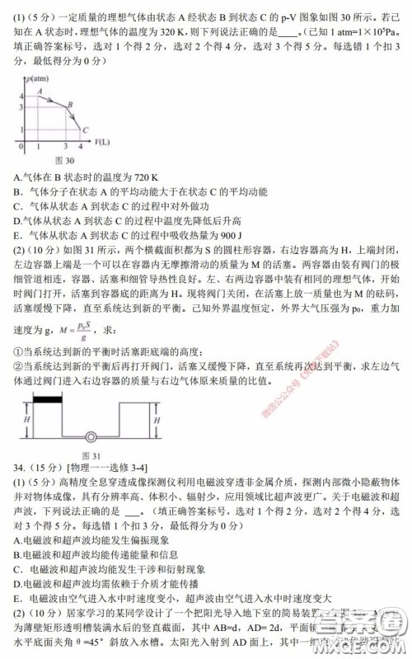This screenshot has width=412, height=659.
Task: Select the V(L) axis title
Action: point(101,142)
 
